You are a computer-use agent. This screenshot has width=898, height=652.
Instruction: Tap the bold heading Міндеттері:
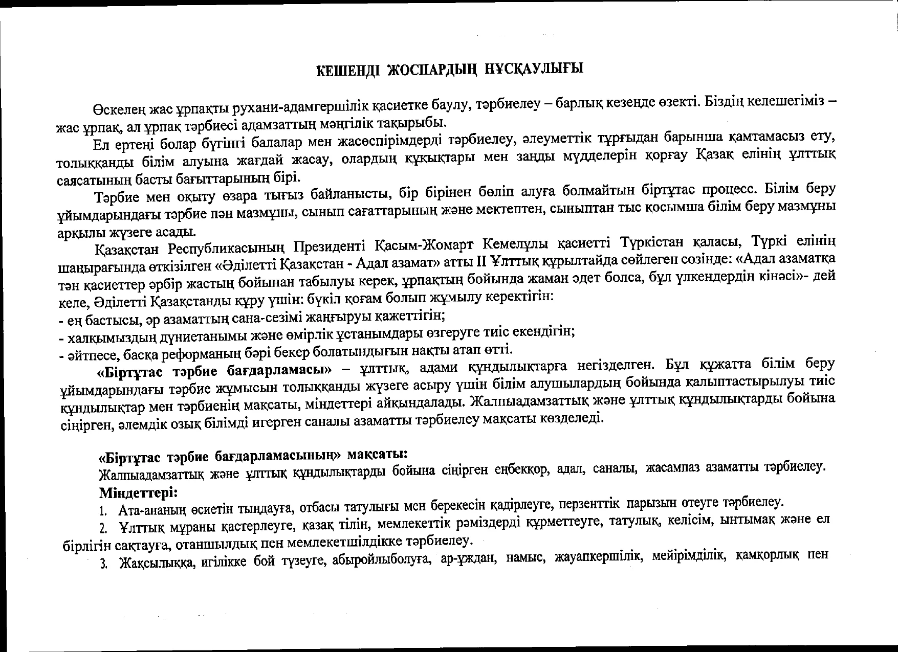click(139, 493)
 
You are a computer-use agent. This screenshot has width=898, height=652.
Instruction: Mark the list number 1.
click(102, 511)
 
